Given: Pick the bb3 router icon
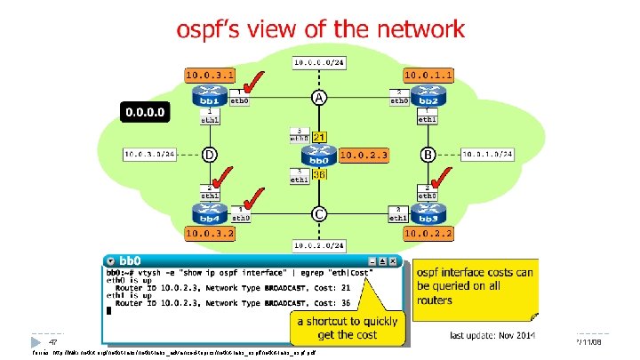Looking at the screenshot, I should [428, 212].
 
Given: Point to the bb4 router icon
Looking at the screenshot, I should [208, 212].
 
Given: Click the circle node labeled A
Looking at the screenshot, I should [317, 97].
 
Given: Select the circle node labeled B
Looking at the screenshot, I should [428, 155].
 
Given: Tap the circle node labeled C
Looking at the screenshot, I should [317, 213].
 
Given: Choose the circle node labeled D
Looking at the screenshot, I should [209, 155].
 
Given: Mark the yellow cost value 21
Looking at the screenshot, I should [319, 136].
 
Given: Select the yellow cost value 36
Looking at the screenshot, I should [319, 176].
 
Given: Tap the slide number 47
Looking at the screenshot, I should [53, 342].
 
